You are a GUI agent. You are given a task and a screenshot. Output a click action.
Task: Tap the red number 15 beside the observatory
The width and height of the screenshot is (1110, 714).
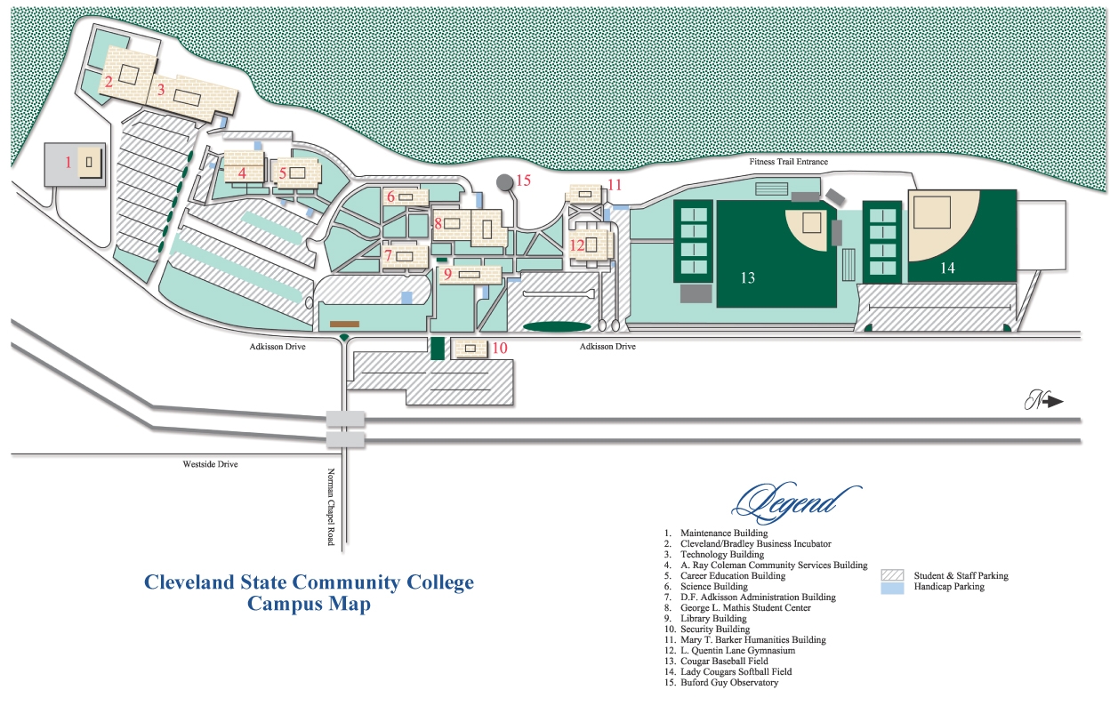(x=522, y=181)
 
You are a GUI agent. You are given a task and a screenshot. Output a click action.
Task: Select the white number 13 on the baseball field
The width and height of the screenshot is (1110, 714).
(x=747, y=278)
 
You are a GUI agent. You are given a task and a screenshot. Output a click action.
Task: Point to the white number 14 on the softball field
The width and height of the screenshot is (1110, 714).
(x=946, y=267)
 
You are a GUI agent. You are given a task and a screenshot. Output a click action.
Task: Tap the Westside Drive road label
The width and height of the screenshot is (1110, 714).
(x=210, y=464)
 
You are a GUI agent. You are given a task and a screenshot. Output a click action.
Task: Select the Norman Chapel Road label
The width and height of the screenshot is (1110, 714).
(x=331, y=507)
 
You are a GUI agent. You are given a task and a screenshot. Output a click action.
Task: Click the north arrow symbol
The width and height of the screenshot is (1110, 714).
(x=1043, y=401)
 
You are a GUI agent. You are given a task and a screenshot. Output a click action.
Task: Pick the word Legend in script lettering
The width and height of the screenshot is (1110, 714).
(x=794, y=503)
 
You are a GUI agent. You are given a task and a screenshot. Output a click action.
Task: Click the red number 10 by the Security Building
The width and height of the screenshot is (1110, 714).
(x=500, y=348)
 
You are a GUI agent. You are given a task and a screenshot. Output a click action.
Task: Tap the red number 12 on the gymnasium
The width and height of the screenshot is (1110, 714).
(x=578, y=245)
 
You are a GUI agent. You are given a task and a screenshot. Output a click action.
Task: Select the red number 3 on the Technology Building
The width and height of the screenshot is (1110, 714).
(x=161, y=89)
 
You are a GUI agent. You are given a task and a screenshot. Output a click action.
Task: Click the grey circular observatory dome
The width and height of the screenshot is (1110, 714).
(x=504, y=182)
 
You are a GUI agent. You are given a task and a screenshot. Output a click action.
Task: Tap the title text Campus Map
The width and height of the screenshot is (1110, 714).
(x=309, y=605)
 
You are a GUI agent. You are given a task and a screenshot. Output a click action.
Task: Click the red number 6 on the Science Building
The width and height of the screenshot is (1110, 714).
(x=390, y=196)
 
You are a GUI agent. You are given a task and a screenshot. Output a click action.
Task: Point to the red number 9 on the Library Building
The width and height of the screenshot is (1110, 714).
(x=447, y=274)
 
